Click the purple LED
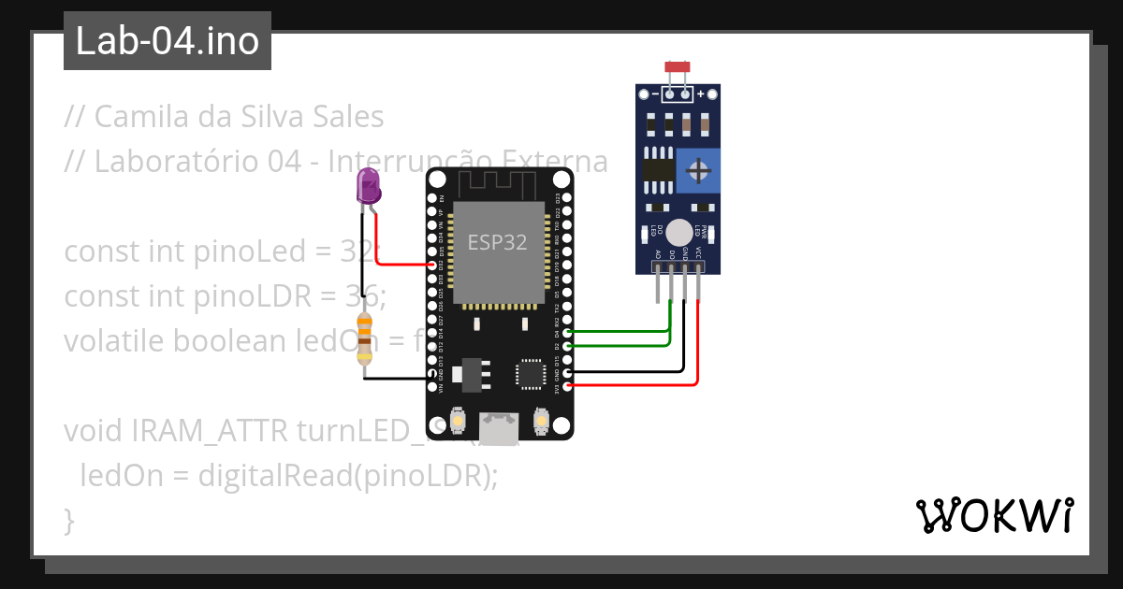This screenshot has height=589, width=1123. point(369,186)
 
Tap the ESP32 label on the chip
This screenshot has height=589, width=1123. point(497,242)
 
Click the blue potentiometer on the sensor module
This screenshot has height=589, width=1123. point(697,170)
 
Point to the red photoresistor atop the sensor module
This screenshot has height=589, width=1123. point(678,66)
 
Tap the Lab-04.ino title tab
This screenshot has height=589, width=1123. point(168,41)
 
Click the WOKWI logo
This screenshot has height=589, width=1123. point(994,516)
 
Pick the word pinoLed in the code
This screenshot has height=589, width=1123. point(252,251)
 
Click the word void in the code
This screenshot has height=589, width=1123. point(94,430)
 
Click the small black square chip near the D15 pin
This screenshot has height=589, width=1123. point(530,373)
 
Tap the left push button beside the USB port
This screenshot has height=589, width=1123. point(459,422)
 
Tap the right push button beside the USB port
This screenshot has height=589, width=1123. point(540,422)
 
